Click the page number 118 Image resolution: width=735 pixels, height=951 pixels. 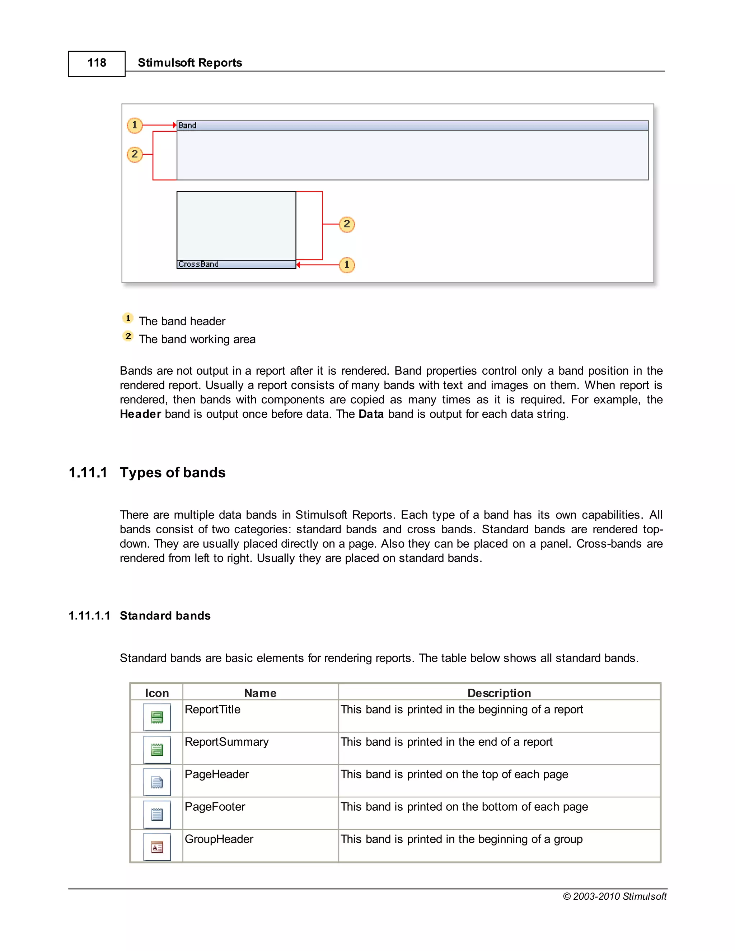(97, 63)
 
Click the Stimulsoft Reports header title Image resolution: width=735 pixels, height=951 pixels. (189, 63)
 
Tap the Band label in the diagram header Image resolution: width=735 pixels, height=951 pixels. (187, 125)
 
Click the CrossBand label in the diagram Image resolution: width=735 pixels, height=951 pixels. (198, 264)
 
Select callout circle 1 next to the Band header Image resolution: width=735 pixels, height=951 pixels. (135, 125)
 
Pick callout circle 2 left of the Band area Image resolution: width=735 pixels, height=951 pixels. (135, 154)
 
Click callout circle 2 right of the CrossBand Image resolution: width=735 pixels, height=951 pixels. (347, 224)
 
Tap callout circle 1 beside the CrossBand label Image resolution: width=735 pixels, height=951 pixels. (347, 265)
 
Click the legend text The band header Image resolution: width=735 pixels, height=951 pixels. (182, 321)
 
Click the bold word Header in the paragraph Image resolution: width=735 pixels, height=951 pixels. (141, 414)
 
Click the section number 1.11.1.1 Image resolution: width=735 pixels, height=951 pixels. (89, 616)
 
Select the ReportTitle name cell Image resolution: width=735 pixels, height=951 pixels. (212, 710)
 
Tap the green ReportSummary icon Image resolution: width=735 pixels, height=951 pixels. (157, 750)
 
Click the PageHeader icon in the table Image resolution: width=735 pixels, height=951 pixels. (157, 782)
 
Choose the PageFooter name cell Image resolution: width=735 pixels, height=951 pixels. (215, 807)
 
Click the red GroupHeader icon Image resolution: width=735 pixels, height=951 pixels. (157, 847)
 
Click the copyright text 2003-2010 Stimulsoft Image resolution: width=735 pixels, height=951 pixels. (614, 896)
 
